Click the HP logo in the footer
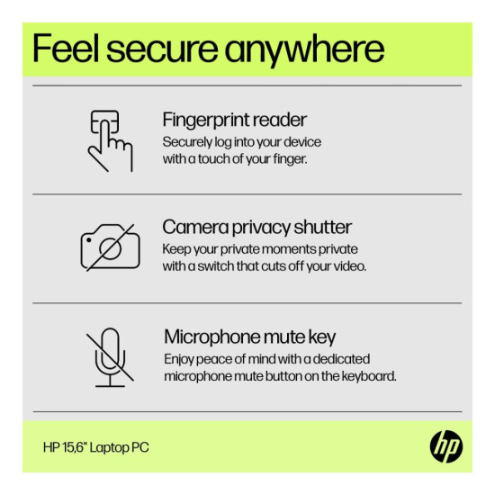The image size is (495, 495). pyautogui.click(x=446, y=446)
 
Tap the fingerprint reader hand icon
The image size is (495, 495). pyautogui.click(x=110, y=140)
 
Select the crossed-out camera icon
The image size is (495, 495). pyautogui.click(x=110, y=247)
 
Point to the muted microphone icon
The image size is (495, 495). pyautogui.click(x=110, y=357)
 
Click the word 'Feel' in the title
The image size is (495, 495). pyautogui.click(x=66, y=49)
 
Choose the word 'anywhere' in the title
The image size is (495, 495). pyautogui.click(x=304, y=51)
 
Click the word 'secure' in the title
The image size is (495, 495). pyautogui.click(x=162, y=50)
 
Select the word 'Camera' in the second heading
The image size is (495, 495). pyautogui.click(x=195, y=227)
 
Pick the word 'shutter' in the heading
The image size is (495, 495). pyautogui.click(x=322, y=227)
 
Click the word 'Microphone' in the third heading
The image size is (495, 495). pyautogui.click(x=212, y=337)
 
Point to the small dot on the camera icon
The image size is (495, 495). pyautogui.click(x=89, y=240)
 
